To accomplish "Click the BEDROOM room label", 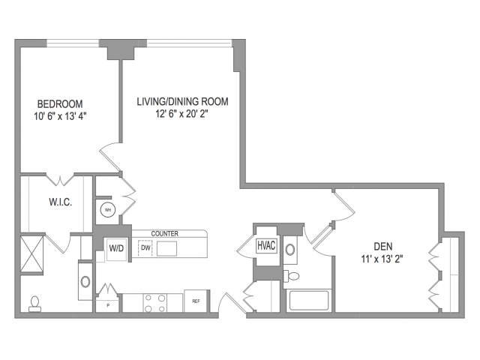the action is [60, 104].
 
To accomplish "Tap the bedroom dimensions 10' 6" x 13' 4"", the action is [60, 117].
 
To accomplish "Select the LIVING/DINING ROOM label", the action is [182, 102].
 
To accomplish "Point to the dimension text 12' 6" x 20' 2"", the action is [181, 114].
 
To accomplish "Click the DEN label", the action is [383, 247].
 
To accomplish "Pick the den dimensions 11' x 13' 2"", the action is [382, 259].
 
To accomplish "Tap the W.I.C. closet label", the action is [60, 202].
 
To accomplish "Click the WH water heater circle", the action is [108, 210].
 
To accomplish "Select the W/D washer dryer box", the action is [116, 248].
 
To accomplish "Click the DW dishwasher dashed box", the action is [145, 248].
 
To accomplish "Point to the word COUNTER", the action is [165, 233].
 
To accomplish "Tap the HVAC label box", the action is [266, 245].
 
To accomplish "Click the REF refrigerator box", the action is [196, 301].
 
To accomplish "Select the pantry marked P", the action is [108, 304].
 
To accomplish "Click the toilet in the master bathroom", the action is [35, 304].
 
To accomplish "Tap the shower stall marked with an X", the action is [31, 253].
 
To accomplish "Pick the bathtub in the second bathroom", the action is [309, 300].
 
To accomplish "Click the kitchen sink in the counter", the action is [166, 248].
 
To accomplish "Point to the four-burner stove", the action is [155, 303].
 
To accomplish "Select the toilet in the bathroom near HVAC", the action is [292, 276].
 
